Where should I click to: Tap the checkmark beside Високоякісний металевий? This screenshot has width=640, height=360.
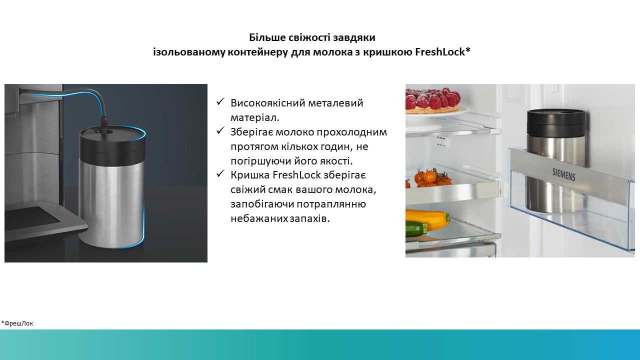(220, 101)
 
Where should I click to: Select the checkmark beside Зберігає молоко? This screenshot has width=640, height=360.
(220, 130)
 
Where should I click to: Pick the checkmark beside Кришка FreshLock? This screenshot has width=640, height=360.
(220, 173)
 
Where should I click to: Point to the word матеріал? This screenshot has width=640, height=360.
(255, 117)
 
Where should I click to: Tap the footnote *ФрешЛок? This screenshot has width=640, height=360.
(17, 323)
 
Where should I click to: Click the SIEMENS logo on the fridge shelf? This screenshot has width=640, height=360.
(563, 174)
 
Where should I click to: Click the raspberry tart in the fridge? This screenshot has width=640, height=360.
(432, 100)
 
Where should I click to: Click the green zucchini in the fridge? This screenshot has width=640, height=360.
(416, 229)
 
